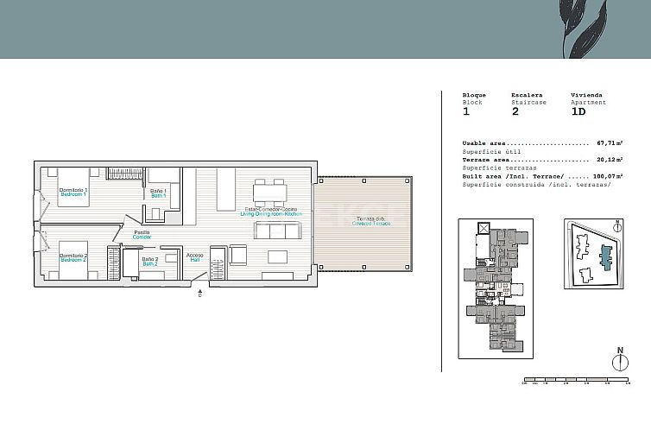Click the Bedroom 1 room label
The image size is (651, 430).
(x=73, y=192)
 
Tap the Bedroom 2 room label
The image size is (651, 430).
(x=73, y=257)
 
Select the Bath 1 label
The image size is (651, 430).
(x=159, y=193)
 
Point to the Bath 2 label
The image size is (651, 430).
(x=150, y=261)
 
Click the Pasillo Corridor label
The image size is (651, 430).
(x=142, y=233)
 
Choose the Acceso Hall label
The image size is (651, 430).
(x=194, y=257)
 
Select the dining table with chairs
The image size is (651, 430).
(x=269, y=190)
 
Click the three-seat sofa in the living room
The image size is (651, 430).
(x=278, y=231)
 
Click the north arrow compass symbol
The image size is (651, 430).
(x=619, y=359)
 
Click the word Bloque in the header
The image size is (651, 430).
(x=474, y=95)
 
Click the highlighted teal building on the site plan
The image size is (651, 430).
(x=604, y=256)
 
